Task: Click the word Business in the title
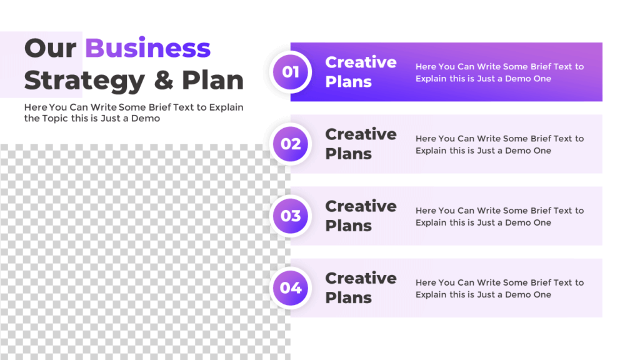tap(147, 48)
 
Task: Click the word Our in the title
tap(51, 48)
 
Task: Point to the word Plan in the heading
tap(212, 81)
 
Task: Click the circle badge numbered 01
tap(291, 72)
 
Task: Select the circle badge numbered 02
tap(291, 144)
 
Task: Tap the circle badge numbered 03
tap(291, 216)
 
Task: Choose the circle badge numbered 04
tap(291, 287)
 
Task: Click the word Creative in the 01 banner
tap(361, 62)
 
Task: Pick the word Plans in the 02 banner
tap(348, 154)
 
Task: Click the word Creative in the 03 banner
tap(361, 206)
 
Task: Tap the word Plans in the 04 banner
tap(348, 297)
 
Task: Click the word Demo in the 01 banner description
tap(518, 79)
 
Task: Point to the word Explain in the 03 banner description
tap(431, 222)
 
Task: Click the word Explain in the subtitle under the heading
tap(226, 107)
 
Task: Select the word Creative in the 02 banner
tap(361, 134)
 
